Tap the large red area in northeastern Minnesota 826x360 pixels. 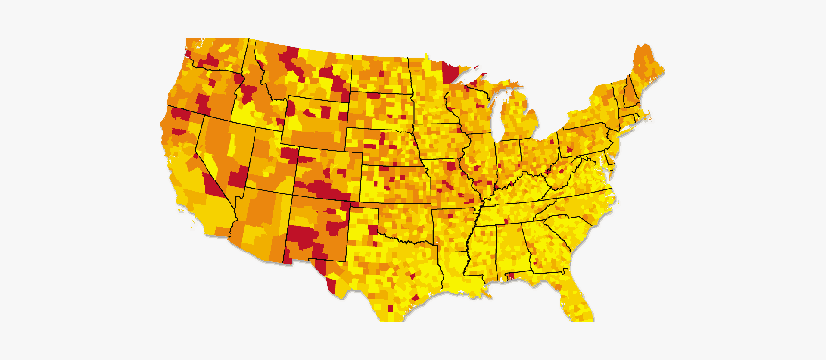[x=447, y=72]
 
